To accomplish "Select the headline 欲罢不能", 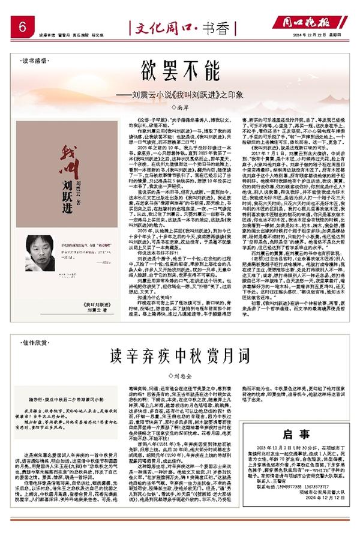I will point(180,65).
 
